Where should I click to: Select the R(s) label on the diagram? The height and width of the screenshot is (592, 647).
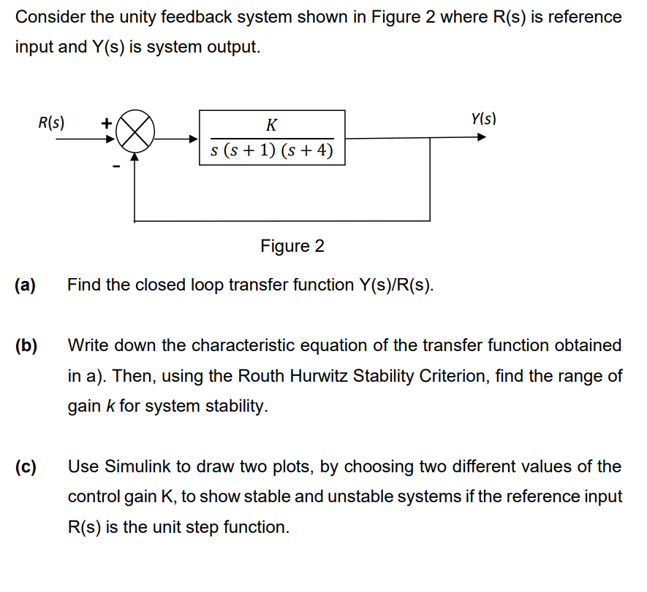51,122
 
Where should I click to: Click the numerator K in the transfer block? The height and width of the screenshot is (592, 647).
271,125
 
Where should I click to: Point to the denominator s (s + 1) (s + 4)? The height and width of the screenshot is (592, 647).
271,151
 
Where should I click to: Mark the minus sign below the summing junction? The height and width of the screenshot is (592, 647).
114,167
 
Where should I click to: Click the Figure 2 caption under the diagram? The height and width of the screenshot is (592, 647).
292,246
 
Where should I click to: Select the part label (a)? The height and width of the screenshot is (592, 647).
26,285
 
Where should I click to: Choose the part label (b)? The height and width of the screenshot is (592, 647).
26,345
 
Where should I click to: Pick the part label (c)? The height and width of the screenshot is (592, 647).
26,466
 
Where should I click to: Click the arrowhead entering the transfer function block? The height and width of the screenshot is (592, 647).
194,137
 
